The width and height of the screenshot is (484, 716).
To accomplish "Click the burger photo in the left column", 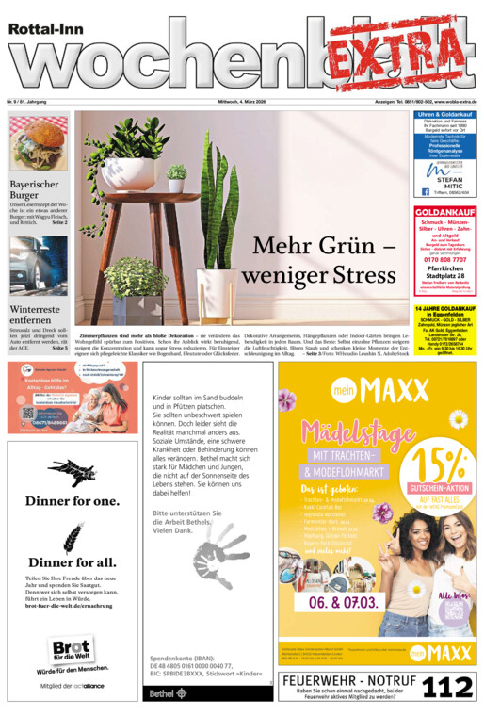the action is [39, 143].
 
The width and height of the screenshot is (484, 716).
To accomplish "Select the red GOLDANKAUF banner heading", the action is [445, 212].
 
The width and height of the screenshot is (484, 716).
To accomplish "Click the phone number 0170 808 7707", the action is [444, 258].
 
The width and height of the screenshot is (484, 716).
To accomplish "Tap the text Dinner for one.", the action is [72, 500].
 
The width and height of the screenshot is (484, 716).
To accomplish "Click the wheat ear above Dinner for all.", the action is [72, 538].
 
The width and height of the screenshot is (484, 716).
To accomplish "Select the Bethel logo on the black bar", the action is [162, 693].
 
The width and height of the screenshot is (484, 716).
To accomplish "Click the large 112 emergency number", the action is [447, 687].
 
